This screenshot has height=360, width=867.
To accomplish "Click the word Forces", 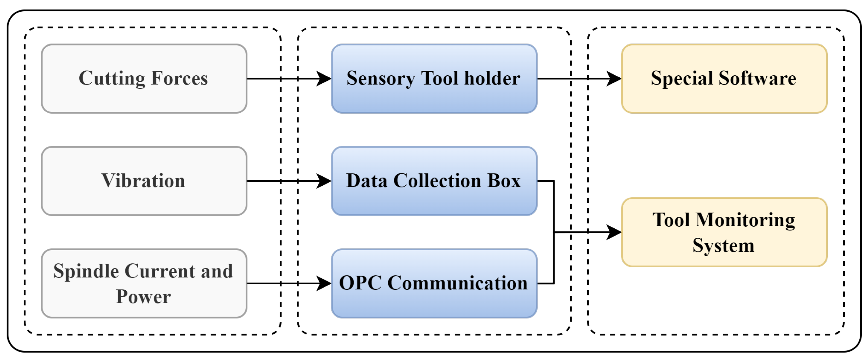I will point(179,78).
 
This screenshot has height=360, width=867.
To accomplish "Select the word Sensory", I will point(381,79).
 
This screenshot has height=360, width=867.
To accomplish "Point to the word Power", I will point(143,297).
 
